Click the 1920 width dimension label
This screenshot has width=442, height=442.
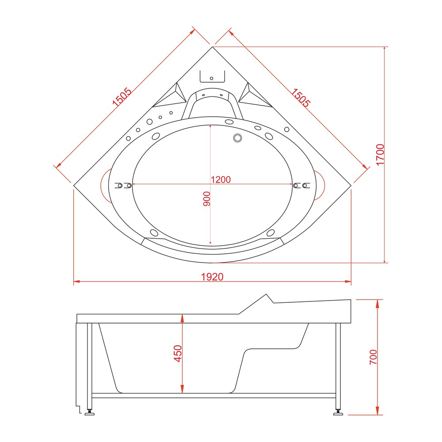[212, 277]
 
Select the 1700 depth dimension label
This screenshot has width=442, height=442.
[380, 155]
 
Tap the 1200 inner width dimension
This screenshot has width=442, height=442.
[221, 179]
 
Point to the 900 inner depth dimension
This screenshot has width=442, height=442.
[206, 199]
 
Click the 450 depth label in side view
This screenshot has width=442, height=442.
[178, 354]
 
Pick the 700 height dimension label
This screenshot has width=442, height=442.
[373, 357]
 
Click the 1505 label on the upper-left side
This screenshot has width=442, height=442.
[122, 97]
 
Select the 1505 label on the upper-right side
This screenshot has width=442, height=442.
[300, 98]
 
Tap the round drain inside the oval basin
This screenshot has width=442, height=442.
[238, 138]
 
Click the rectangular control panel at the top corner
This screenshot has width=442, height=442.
[212, 76]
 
